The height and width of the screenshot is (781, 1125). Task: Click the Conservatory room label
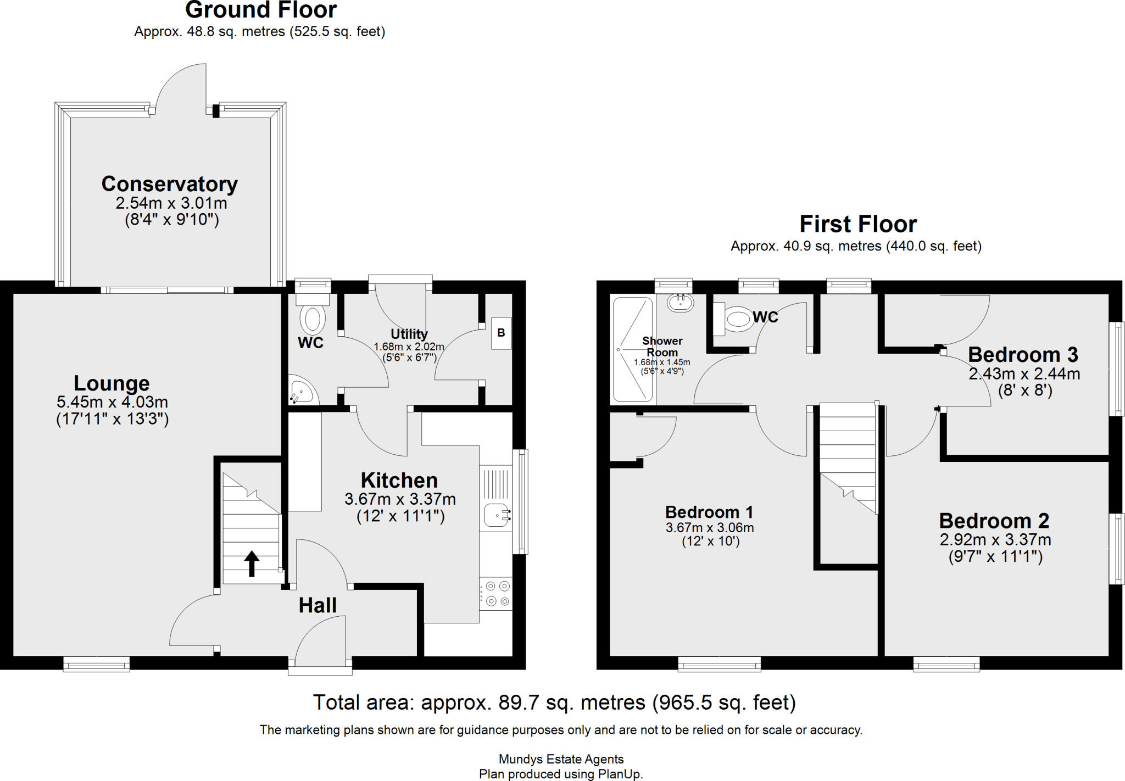click(x=169, y=184)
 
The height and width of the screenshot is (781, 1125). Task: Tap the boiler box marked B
click(x=501, y=333)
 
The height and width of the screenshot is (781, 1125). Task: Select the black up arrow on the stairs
click(x=252, y=564)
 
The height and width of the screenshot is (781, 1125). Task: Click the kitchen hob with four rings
click(x=497, y=594)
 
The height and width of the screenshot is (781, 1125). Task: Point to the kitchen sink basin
click(x=497, y=515)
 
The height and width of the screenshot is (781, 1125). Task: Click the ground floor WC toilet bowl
click(x=313, y=319)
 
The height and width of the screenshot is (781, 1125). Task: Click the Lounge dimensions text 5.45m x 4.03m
click(x=112, y=402)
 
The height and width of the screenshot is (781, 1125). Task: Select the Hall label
click(x=317, y=605)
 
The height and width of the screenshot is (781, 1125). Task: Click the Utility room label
click(x=409, y=334)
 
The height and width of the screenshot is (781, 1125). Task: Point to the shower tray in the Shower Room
click(x=633, y=350)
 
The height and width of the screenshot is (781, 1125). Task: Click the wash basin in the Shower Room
click(x=681, y=302)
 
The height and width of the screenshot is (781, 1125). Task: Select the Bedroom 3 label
click(x=1023, y=355)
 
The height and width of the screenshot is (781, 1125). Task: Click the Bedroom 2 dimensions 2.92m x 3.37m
click(x=995, y=540)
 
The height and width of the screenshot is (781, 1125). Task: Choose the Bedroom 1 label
click(x=709, y=512)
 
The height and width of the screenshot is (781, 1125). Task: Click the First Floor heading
click(x=857, y=224)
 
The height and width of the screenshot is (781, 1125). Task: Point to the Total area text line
click(x=554, y=702)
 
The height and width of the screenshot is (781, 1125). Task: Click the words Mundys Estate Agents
click(x=561, y=759)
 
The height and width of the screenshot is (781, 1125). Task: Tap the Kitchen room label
click(x=399, y=481)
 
